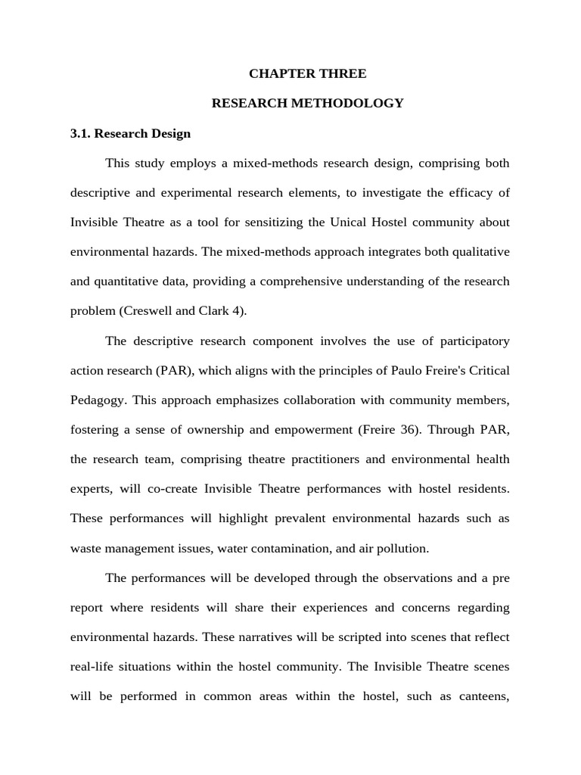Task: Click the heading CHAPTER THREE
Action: pos(307,73)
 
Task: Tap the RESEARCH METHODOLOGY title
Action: pos(307,103)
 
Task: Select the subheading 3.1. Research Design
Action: pos(130,133)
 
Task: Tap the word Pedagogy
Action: pos(97,400)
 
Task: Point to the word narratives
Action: pos(241,636)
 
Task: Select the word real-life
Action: pos(94,666)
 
